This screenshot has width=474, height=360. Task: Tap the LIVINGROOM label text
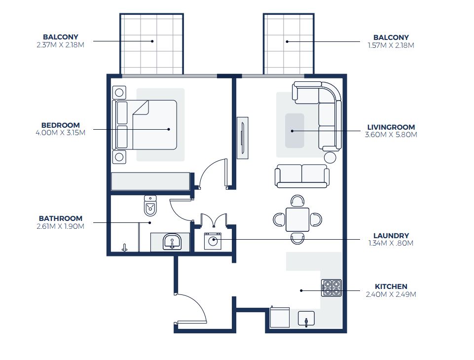click(x=391, y=127)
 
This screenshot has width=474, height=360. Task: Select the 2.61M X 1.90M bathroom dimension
click(x=60, y=226)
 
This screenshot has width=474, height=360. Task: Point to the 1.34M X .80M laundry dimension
click(x=391, y=243)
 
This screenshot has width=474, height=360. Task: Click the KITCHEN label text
click(x=391, y=287)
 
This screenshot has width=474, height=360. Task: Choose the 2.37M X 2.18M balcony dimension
click(x=60, y=45)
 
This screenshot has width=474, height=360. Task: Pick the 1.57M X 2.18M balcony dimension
click(x=391, y=45)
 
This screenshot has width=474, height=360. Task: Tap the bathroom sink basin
click(x=172, y=242)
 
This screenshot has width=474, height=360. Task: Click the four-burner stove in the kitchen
click(x=331, y=288)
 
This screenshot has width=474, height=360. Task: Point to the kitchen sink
click(x=307, y=320)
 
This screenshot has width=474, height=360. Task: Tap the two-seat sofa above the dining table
click(x=302, y=176)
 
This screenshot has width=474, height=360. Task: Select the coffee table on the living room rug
click(x=294, y=131)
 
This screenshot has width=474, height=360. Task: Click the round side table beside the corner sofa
click(x=330, y=157)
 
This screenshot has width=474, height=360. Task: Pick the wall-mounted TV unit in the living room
click(x=242, y=138)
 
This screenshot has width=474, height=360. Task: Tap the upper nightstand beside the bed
click(x=119, y=92)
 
